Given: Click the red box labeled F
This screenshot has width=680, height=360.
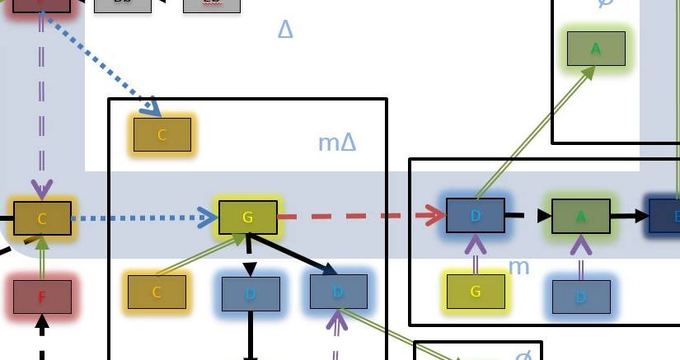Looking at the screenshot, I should [42, 297].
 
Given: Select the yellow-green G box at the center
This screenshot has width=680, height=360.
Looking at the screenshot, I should [247, 217].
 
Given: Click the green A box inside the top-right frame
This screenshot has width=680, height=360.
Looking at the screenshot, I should [596, 49].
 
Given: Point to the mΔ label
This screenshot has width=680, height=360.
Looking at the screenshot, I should [337, 143].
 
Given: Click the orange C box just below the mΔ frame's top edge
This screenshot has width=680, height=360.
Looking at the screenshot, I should [162, 134].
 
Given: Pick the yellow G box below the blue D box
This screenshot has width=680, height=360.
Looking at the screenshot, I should [476, 292].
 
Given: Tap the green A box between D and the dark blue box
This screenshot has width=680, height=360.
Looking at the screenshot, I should [580, 216].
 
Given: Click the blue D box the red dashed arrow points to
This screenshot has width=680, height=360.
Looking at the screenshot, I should [476, 215].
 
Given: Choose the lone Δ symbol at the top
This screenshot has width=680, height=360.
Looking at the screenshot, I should [285, 30].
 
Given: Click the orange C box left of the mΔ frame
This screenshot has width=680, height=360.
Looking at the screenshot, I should [42, 218].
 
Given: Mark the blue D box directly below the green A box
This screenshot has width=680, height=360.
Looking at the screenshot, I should [580, 297].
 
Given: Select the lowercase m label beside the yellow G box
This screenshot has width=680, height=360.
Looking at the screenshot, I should [518, 266].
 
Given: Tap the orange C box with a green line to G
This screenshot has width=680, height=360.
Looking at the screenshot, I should [157, 292].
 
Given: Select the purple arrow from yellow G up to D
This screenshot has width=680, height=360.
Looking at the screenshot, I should [476, 254].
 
